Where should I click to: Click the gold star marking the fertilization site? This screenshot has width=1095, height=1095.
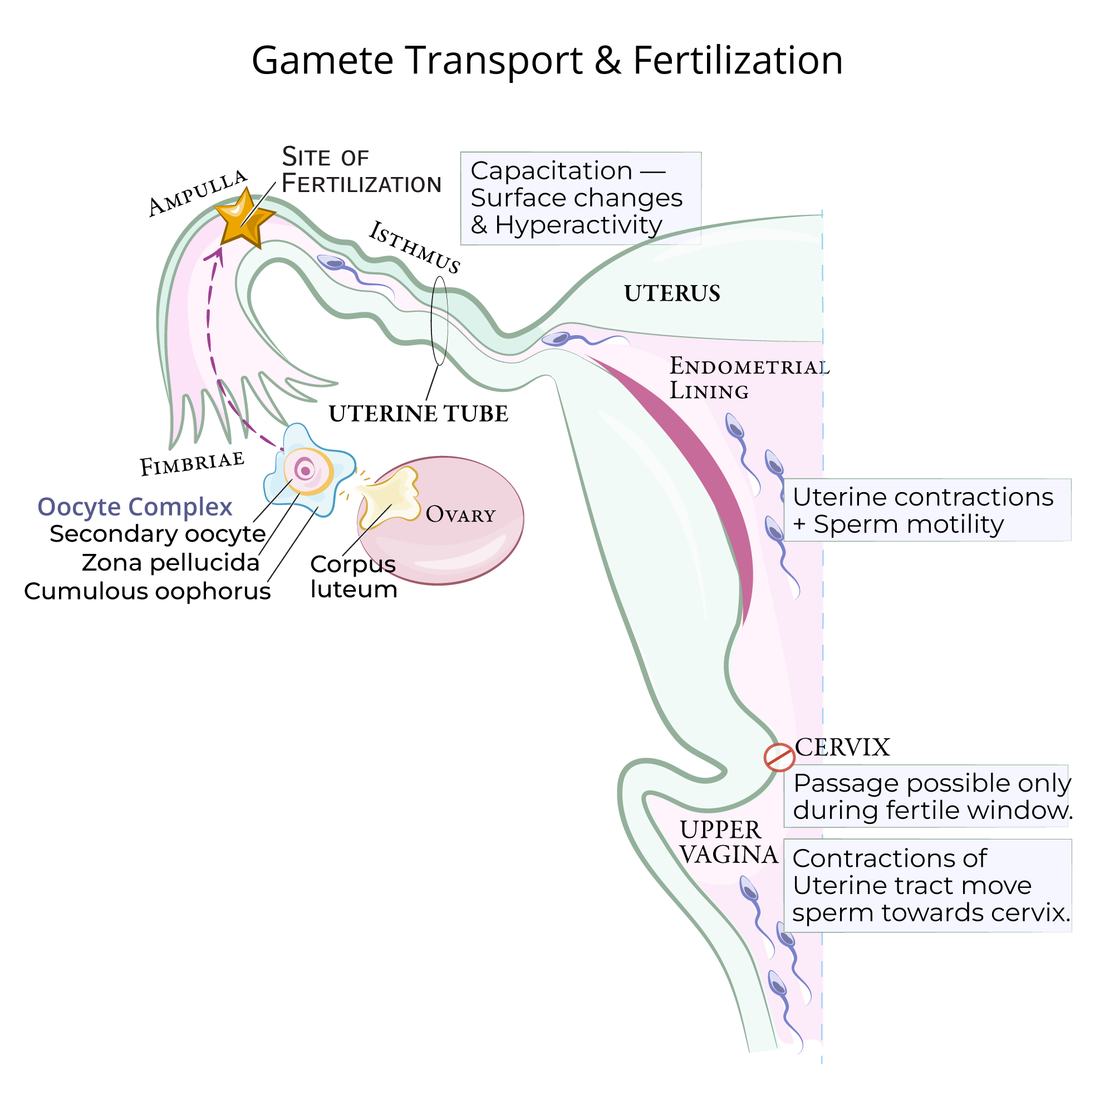244,218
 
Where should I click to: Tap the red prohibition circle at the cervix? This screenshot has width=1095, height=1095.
779,758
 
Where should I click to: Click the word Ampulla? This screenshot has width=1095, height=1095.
197,193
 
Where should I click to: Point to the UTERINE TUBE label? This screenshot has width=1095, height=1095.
418,414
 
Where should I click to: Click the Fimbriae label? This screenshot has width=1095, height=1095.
192,464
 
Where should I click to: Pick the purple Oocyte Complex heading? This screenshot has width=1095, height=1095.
135,507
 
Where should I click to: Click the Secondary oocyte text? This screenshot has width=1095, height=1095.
158,534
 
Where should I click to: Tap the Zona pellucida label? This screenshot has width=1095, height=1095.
170,563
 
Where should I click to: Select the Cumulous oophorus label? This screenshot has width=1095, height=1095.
148,591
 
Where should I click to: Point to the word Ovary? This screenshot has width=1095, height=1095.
460,514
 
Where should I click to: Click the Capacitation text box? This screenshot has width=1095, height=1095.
581,198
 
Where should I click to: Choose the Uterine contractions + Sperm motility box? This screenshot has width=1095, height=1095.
927,510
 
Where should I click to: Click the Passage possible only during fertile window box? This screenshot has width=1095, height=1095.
927,796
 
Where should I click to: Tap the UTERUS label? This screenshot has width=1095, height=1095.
672,293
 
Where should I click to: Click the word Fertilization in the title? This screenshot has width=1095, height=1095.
738,60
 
